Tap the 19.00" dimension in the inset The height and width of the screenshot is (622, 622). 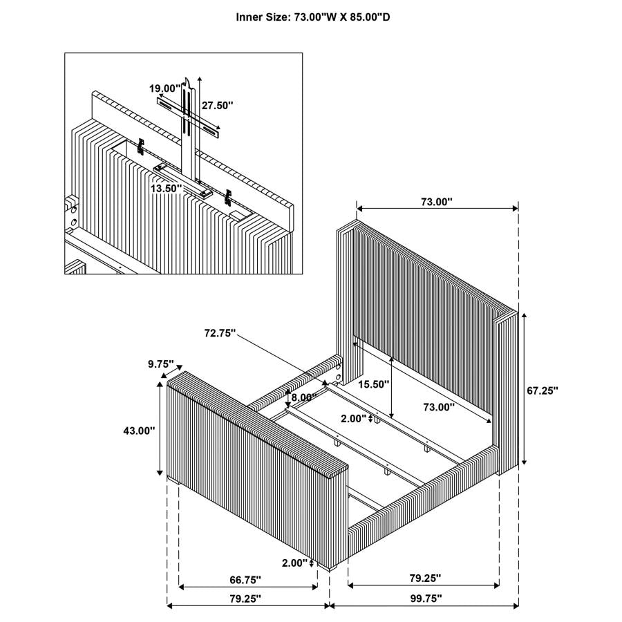164,88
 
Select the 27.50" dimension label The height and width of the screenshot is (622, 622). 218,106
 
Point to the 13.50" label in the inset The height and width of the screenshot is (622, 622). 166,188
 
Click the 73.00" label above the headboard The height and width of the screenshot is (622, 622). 436,202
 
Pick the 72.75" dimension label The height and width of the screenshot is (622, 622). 220,333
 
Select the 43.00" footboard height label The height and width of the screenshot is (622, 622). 138,430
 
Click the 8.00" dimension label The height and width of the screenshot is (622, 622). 303,397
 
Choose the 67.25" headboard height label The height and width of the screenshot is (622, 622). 543,390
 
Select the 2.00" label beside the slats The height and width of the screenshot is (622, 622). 355,418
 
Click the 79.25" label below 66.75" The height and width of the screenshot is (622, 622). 245,598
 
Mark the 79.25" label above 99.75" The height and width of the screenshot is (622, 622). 424,578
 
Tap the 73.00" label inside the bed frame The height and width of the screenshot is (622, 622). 438,408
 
